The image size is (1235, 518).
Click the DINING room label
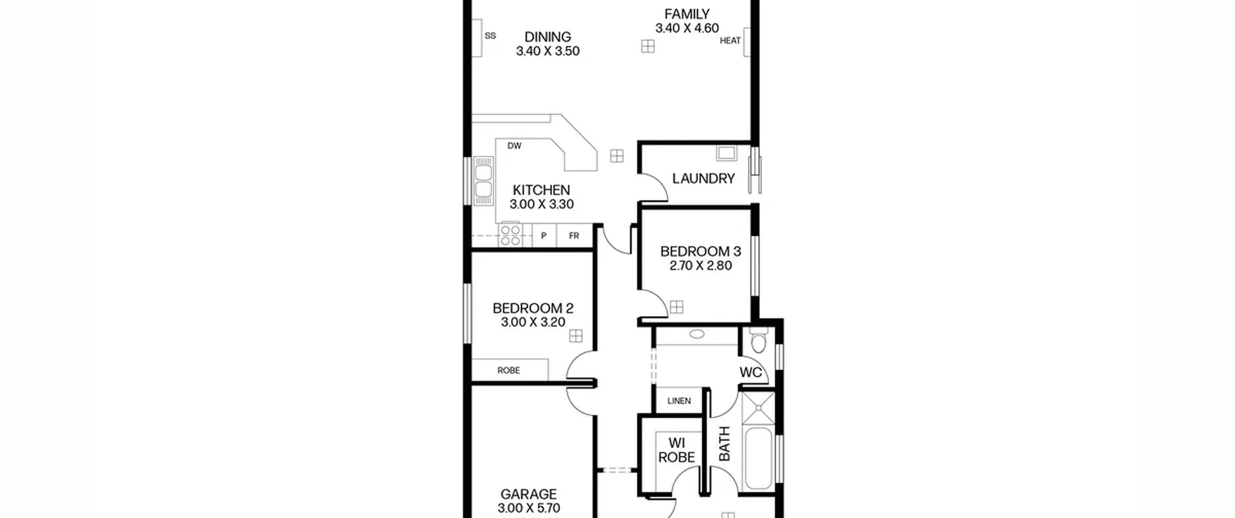point(548,37)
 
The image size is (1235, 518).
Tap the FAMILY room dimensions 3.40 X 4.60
point(687,28)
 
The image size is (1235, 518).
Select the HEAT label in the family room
point(730,41)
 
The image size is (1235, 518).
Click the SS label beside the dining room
point(490,36)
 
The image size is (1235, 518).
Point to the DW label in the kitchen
point(514,146)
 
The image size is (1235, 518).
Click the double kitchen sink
point(483,181)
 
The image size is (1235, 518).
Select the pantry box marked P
point(544,236)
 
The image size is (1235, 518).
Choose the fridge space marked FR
point(574,236)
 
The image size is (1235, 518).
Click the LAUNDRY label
point(703,179)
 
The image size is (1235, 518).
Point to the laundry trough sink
point(726,153)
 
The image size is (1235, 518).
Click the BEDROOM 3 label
point(700,252)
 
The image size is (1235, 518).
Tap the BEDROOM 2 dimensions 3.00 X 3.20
point(533,322)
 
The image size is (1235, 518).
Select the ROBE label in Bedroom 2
point(508,371)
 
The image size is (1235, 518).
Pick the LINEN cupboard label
point(679,401)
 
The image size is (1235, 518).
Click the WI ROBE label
point(677,450)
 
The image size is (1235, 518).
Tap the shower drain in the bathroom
point(758,408)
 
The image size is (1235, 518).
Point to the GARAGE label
point(529,494)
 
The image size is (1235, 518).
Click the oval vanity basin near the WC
point(697,333)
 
